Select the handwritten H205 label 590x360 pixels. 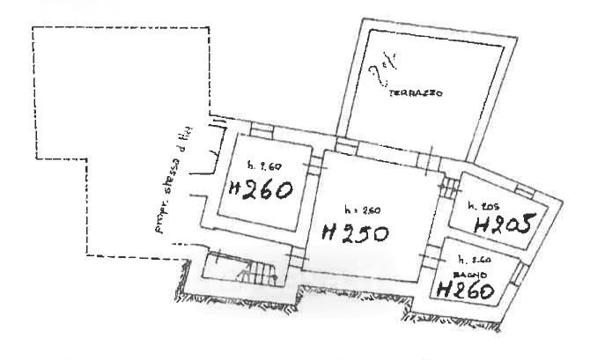coord(505,223)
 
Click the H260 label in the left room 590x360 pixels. coord(260,188)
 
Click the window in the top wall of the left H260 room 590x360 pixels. coord(260,131)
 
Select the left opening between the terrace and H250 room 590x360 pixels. coord(344,145)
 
